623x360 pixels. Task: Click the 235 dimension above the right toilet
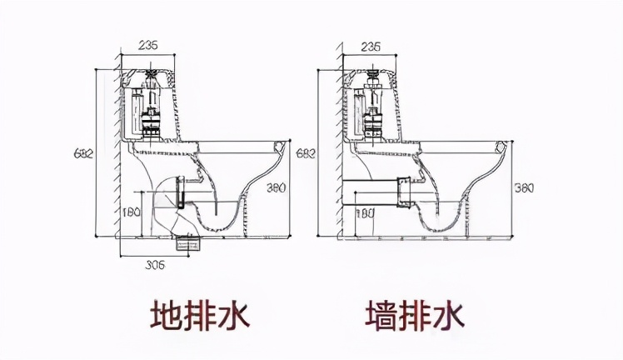coord(372,47)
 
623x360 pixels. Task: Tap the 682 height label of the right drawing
coord(306,153)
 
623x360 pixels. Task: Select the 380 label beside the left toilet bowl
coord(276,187)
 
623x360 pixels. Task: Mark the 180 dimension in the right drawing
coord(365,212)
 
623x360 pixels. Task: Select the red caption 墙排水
coord(414,316)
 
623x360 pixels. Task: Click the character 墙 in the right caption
coord(381,316)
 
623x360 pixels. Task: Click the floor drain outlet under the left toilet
coord(190,242)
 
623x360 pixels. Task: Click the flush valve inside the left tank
coord(152,108)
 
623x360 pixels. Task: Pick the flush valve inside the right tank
coord(374,108)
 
